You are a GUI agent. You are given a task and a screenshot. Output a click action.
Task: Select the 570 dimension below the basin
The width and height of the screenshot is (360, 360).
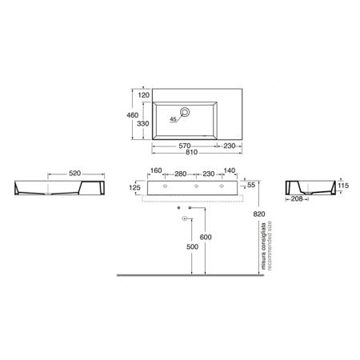pyautogui.click(x=185, y=146)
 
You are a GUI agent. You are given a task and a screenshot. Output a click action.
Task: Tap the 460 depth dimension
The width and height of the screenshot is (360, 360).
pyautogui.click(x=132, y=115)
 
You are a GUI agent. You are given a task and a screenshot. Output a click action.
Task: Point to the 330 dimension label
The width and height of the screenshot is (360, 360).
pyautogui.click(x=142, y=124)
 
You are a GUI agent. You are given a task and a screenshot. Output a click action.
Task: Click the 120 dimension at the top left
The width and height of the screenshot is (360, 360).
pyautogui.click(x=144, y=95)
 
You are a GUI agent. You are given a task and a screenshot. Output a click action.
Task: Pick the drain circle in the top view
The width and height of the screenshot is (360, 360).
pyautogui.click(x=185, y=112)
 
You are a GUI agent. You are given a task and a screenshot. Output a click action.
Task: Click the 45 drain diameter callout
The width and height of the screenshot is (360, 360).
pyautogui.click(x=174, y=119)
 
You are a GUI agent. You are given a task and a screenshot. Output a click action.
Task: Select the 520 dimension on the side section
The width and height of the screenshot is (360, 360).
pyautogui.click(x=74, y=174)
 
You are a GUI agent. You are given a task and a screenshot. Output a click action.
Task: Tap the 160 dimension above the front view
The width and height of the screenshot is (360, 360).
pyautogui.click(x=156, y=170)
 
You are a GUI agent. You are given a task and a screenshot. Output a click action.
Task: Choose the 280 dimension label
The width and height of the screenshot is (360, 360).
pyautogui.click(x=181, y=174)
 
